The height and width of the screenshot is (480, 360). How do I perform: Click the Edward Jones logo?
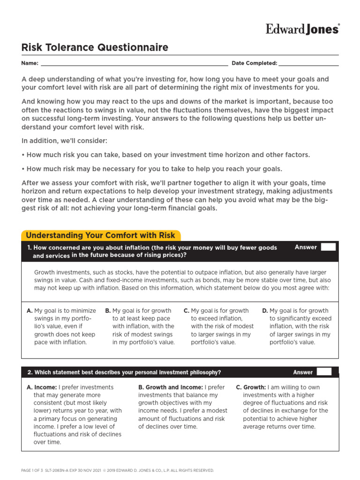coord(302,29)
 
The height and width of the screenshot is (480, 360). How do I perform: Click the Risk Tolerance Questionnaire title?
coord(95,47)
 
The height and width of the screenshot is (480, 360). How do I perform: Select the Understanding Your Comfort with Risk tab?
coord(100,235)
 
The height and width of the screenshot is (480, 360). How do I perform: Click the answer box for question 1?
coord(328,247)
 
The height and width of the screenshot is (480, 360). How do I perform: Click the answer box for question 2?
coord(324,372)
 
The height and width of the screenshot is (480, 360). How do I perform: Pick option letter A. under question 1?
coord(30,311)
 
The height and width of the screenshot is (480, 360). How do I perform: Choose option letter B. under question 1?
coord(108,311)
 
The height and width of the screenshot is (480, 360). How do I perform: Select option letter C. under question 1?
coord(186,311)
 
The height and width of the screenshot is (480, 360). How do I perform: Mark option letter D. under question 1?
coord(265,311)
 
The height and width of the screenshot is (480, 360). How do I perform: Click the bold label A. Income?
coord(42,387)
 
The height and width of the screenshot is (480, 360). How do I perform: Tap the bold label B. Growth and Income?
coord(171,387)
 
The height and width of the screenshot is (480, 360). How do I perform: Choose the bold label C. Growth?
coord(251,387)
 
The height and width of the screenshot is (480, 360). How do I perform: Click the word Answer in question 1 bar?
coord(306,247)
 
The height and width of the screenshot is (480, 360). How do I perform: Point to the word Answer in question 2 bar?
coord(303,372)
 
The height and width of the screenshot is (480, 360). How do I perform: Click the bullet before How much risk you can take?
coord(23,155)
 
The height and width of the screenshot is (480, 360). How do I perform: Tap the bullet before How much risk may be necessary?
coord(23,169)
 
